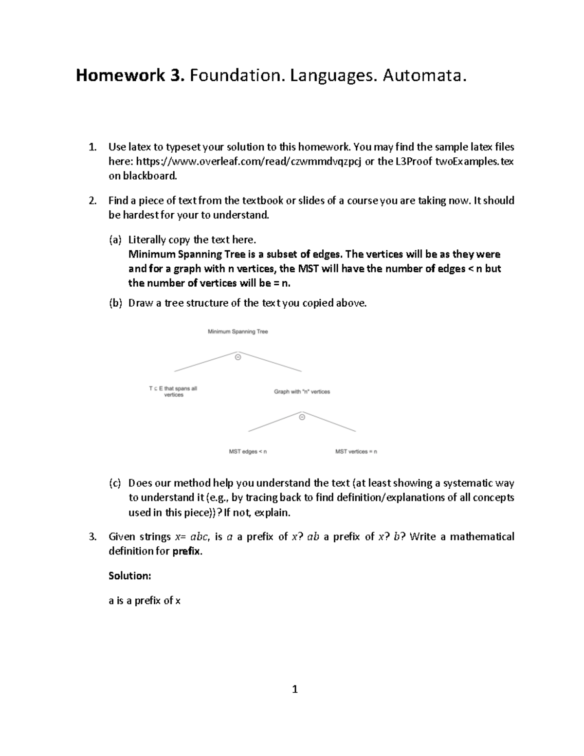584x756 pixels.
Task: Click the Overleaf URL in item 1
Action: (249, 162)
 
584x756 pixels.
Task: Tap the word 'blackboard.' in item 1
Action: (143, 176)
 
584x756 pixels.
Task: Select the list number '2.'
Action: (93, 201)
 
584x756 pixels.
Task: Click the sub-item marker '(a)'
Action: (115, 240)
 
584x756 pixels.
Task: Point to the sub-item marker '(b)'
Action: (115, 303)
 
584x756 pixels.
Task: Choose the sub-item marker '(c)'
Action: (115, 483)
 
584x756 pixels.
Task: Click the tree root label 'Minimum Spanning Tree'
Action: (237, 332)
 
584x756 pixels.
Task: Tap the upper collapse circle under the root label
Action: (238, 357)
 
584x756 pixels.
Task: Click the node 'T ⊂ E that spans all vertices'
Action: (173, 391)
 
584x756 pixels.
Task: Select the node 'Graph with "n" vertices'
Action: (302, 391)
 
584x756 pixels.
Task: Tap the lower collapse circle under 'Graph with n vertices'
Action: (302, 417)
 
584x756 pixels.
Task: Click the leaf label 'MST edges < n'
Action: (248, 452)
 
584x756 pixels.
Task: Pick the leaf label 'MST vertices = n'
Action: (356, 452)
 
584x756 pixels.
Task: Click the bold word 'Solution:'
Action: (130, 576)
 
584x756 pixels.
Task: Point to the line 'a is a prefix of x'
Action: (145, 601)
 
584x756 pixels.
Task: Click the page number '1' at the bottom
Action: (294, 689)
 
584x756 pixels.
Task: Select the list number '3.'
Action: (93, 537)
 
